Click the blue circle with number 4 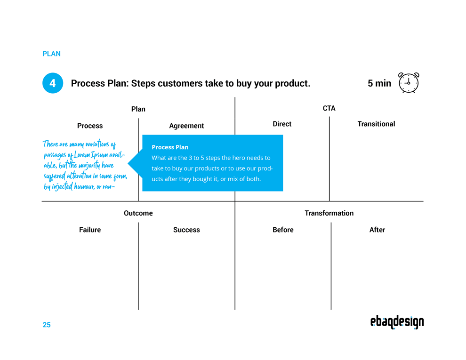coord(53,83)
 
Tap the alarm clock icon coord(409,83)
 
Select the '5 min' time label coord(379,83)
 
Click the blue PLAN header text coord(51,54)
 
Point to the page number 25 coord(47,325)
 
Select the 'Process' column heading coord(90,126)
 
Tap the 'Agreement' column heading coord(186,126)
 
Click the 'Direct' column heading coord(282,124)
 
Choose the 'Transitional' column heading coord(376,124)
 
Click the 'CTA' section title coord(329,108)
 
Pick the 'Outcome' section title coord(138,213)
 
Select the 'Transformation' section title coord(329,213)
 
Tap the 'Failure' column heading coord(90,230)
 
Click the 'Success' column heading coord(186,230)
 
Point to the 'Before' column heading coord(283,230)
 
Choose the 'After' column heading coord(377,230)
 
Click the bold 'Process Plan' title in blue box coord(170,147)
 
